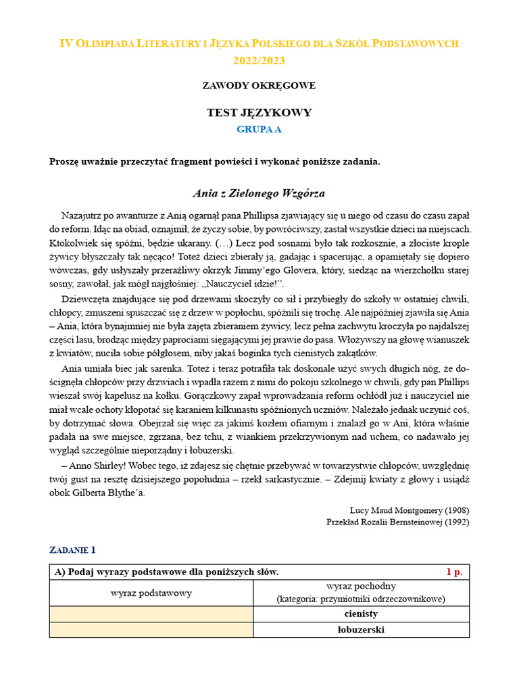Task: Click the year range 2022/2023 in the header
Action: coord(259,61)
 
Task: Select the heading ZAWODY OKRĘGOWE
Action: coord(259,86)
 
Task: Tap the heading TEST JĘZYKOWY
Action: coord(259,113)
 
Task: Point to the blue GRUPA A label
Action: coord(259,130)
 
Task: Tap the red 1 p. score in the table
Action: coord(454,572)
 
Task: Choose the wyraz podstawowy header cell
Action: coord(151,593)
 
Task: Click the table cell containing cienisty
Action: coord(361,614)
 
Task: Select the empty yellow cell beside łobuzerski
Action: coord(151,630)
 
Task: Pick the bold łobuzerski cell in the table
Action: coord(361,630)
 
